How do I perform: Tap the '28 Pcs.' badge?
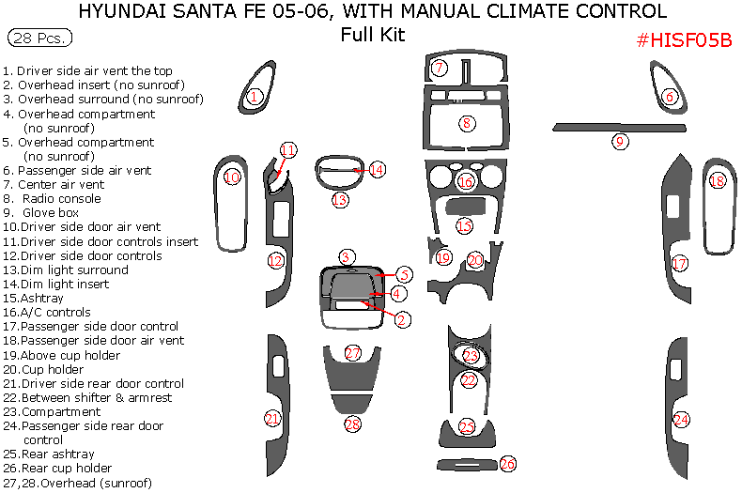(x=39, y=39)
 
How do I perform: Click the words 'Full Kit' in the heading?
(x=372, y=35)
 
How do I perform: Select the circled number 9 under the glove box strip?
(x=620, y=142)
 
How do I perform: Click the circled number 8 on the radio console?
(x=467, y=123)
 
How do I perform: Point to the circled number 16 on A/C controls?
(x=466, y=182)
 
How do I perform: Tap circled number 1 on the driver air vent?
(x=254, y=96)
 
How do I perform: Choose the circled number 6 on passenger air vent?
(x=670, y=97)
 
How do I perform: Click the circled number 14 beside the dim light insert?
(x=377, y=170)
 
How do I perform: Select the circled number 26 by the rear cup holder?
(x=507, y=464)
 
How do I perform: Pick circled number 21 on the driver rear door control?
(x=272, y=418)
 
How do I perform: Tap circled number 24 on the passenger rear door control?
(x=681, y=419)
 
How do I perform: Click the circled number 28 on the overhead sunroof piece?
(x=352, y=424)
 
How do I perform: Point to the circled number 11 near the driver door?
(x=288, y=150)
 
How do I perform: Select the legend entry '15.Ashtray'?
(x=47, y=298)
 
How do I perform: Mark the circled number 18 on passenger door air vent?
(x=718, y=182)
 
